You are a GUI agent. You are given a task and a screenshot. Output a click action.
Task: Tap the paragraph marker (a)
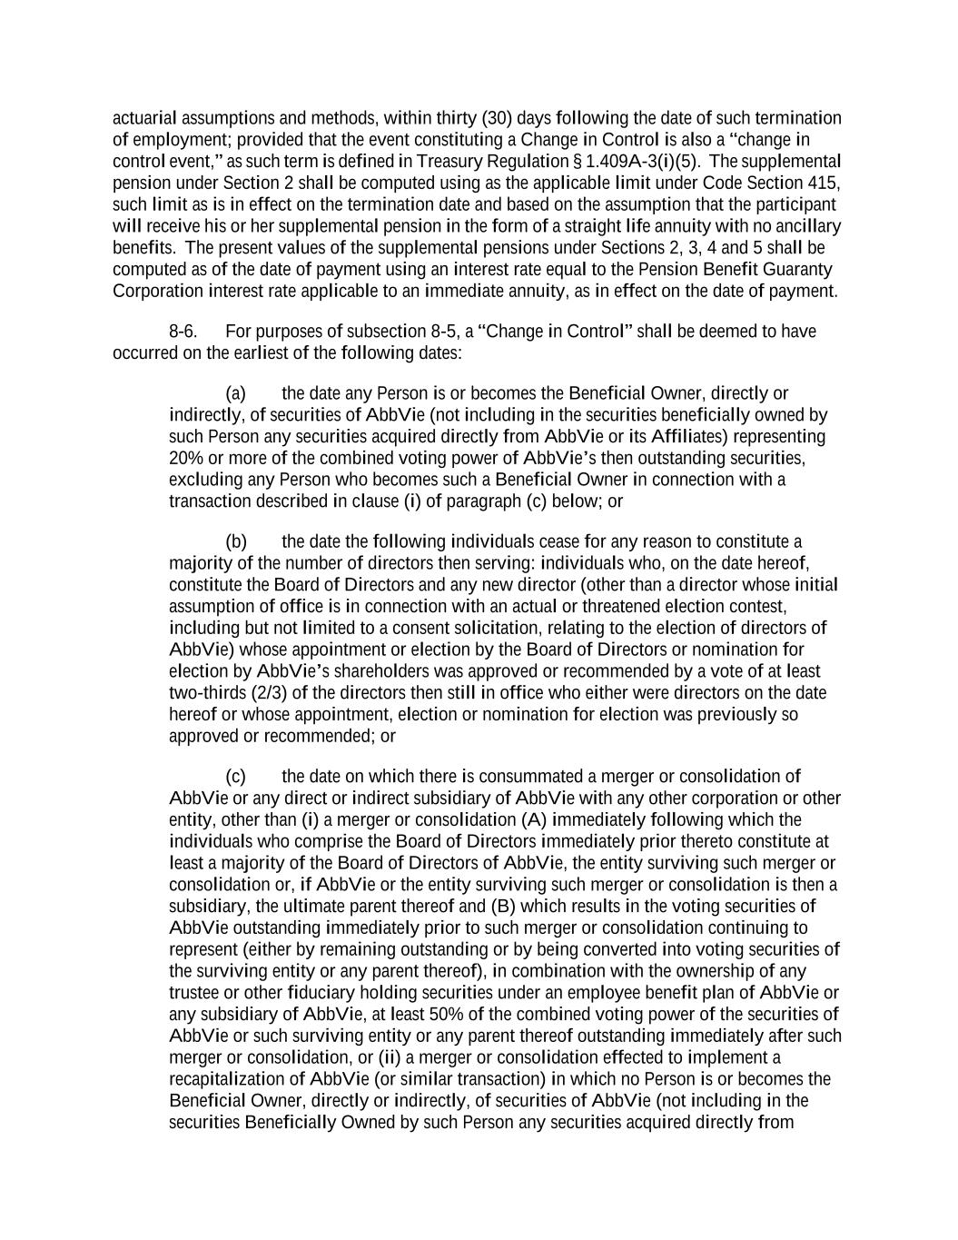[235, 394]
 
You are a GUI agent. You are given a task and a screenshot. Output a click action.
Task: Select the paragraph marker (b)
[235, 542]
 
